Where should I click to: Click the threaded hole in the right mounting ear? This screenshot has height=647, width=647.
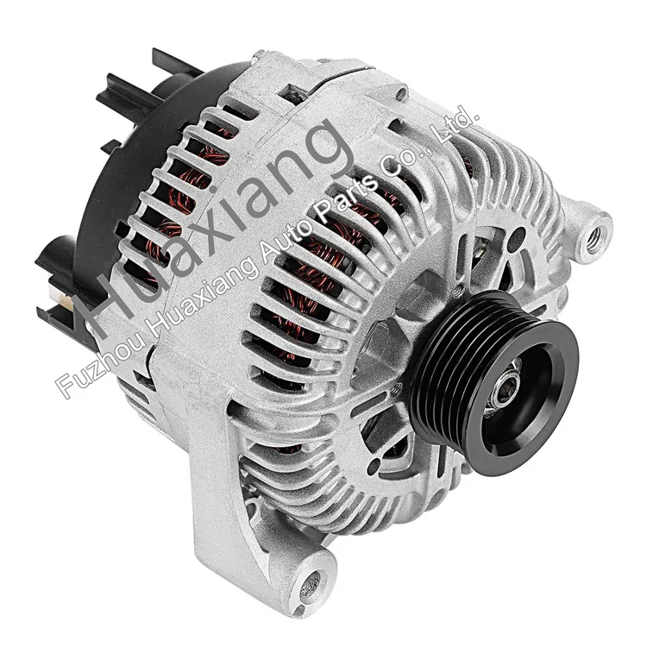[594, 230]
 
